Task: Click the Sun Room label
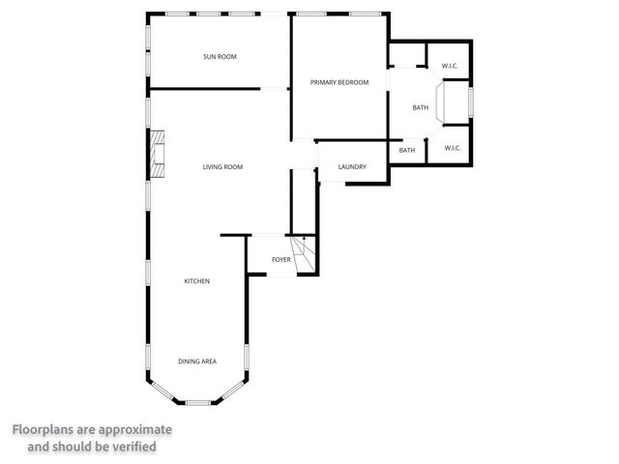tap(220, 57)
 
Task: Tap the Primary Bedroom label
tap(339, 82)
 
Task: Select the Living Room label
tap(222, 167)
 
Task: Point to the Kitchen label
tap(197, 281)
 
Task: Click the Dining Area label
tap(197, 362)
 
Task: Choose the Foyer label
tap(280, 260)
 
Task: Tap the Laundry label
tap(352, 167)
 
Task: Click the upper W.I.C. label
tap(450, 66)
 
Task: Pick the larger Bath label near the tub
tap(420, 107)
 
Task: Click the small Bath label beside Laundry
tap(407, 150)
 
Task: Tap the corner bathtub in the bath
tap(453, 102)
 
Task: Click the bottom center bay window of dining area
tap(197, 401)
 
